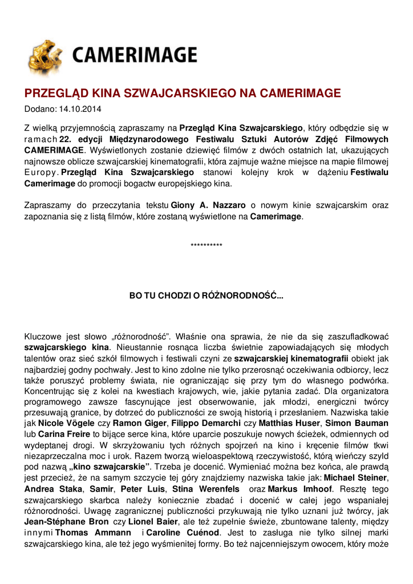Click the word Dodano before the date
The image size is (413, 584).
pyautogui.click(x=39, y=108)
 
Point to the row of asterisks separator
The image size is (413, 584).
pyautogui.click(x=206, y=245)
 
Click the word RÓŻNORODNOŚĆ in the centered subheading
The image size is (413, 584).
pyautogui.click(x=236, y=296)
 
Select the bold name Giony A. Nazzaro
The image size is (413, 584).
pyautogui.click(x=201, y=205)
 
